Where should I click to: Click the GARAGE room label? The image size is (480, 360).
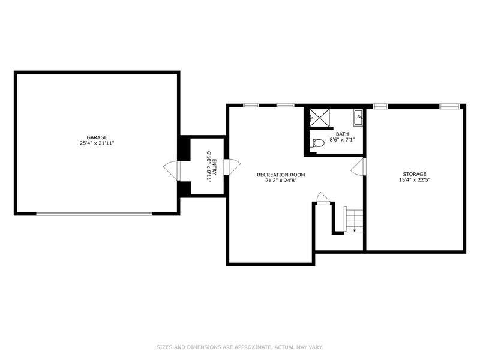[x=97, y=137]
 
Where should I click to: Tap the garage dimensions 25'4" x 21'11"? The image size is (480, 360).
[x=97, y=143]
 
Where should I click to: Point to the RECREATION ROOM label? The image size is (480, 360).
[x=281, y=175]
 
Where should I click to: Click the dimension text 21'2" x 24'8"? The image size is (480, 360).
[x=281, y=181]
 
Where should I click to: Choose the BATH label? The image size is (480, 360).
[x=342, y=134]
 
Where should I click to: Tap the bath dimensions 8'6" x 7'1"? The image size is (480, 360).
[x=342, y=140]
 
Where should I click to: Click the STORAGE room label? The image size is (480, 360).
[x=415, y=174]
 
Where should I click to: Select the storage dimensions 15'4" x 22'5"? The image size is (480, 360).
[x=415, y=179]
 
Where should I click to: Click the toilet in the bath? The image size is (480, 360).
[x=317, y=143]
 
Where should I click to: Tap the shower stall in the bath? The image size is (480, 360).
[x=319, y=117]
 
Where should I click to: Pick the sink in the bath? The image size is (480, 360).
[x=358, y=118]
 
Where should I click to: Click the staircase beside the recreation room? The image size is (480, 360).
[x=354, y=220]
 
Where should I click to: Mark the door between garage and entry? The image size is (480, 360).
[x=172, y=170]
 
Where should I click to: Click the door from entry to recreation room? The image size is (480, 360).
[x=232, y=167]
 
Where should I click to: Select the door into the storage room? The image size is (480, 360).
[x=358, y=167]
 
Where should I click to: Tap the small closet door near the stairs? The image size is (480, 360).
[x=323, y=199]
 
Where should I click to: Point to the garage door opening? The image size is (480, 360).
[x=94, y=214]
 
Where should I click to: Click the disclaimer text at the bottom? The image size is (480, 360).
[x=239, y=347]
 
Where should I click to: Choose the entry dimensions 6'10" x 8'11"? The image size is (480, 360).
[x=209, y=167]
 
